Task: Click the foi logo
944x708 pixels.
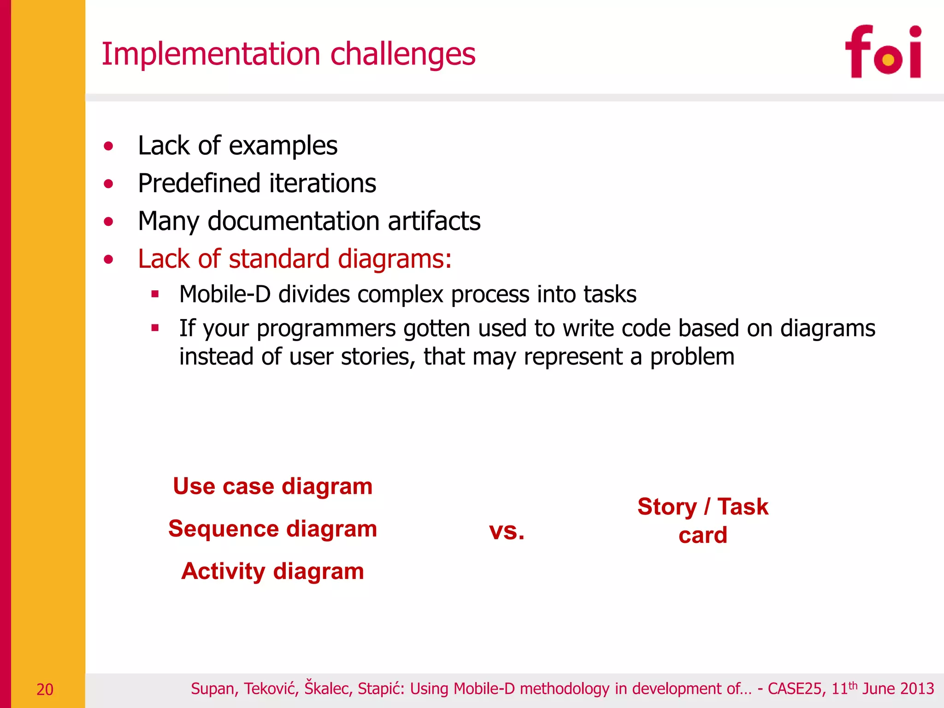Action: coord(883,52)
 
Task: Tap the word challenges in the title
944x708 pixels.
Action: coord(403,54)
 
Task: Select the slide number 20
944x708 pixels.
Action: coord(45,690)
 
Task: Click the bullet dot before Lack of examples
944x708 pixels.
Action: coord(108,147)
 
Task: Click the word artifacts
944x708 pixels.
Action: coord(434,221)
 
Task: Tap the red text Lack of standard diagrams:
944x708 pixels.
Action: coord(295,259)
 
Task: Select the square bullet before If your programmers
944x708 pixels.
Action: coord(155,328)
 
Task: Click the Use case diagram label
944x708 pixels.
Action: coord(272,487)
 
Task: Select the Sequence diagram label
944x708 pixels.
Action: coord(272,529)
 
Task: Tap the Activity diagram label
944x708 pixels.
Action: coord(272,572)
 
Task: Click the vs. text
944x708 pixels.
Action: coord(507,531)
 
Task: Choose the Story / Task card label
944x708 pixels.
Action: coord(702,521)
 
